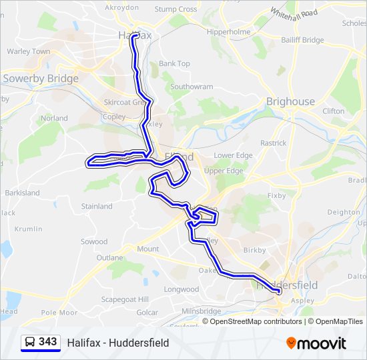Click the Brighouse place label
(x=290, y=101)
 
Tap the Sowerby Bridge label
(x=41, y=79)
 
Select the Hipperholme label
(x=228, y=32)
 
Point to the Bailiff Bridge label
(x=302, y=41)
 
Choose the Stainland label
(x=97, y=207)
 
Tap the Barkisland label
(x=23, y=193)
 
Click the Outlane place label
(x=109, y=257)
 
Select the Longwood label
(x=181, y=289)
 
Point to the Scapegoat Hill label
(x=125, y=299)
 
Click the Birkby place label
(x=254, y=251)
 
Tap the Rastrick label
(x=273, y=143)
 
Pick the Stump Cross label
(x=175, y=9)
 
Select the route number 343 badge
(x=47, y=342)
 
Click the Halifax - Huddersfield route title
(x=118, y=343)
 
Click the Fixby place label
(x=276, y=196)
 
